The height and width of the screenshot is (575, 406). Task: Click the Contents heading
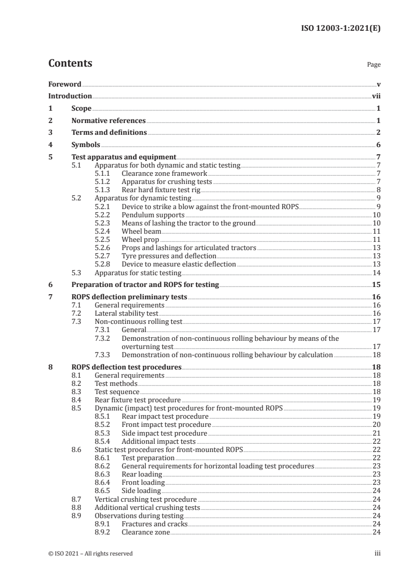[70, 64]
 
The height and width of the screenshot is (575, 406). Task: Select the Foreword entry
[65, 84]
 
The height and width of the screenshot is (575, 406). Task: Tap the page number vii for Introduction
[376, 96]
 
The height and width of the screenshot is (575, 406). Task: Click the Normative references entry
[109, 121]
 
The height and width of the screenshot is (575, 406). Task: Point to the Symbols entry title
[86, 145]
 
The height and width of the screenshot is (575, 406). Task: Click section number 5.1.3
[104, 189]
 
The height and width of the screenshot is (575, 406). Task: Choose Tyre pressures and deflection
[169, 256]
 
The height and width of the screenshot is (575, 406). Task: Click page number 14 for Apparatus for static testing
[376, 273]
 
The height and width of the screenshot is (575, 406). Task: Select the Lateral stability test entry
[126, 313]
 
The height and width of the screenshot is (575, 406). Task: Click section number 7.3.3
[104, 355]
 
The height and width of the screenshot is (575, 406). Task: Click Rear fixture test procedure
[138, 400]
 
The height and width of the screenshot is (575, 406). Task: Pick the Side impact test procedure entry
[164, 433]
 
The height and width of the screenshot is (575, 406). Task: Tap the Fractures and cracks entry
[155, 524]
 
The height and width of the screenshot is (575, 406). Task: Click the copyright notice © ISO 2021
[91, 553]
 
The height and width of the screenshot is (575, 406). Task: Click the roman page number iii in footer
[377, 553]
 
